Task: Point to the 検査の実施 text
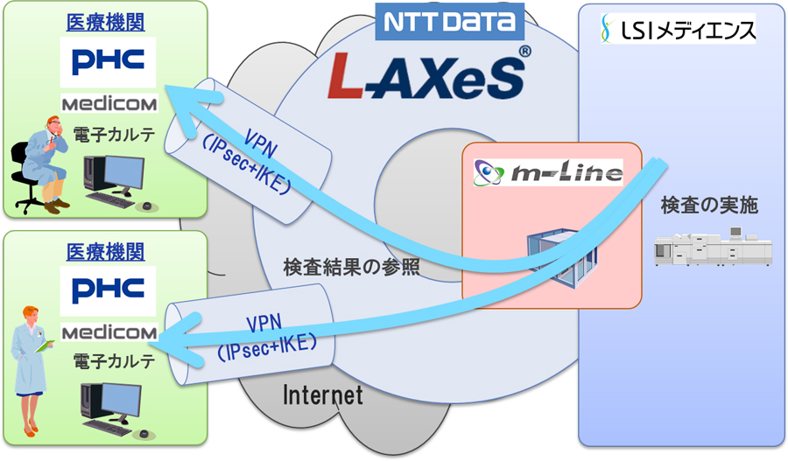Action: tap(709, 206)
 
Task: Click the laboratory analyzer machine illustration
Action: tap(714, 247)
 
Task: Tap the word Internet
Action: tap(322, 395)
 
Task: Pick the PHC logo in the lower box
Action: tap(109, 289)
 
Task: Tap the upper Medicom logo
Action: tap(109, 104)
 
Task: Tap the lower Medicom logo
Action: tap(109, 333)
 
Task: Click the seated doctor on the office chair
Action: tap(44, 166)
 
